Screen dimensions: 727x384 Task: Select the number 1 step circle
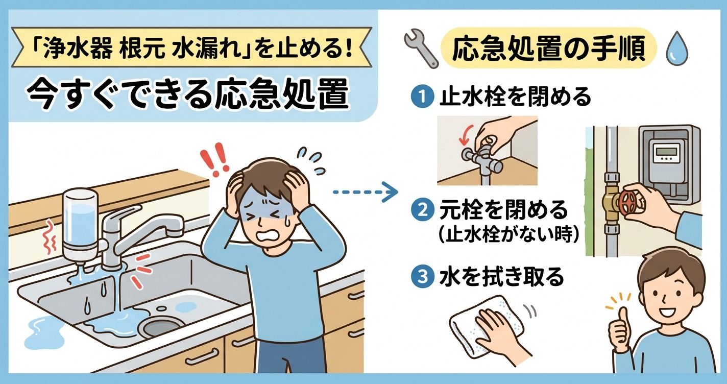coord(422,97)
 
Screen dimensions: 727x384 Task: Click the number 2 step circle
coord(422,210)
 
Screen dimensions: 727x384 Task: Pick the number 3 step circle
coord(422,277)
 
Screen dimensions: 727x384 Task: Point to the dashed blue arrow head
coord(392,193)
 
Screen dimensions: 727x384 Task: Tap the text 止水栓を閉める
coord(515,97)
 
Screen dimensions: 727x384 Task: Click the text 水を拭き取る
coord(501,277)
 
